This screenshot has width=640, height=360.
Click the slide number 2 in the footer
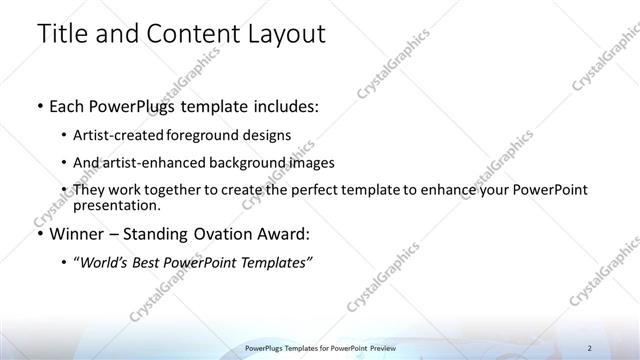[590, 347]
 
